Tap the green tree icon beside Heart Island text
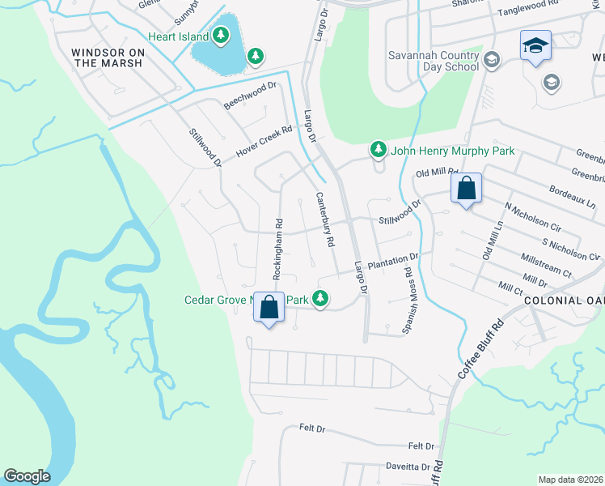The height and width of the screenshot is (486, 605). click(220, 36)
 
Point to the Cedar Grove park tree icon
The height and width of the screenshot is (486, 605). click(321, 300)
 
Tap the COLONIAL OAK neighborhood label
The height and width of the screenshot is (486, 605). click(563, 300)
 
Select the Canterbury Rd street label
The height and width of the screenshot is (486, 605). click(324, 219)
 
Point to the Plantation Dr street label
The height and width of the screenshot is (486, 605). click(391, 262)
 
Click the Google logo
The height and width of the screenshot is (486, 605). click(27, 476)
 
